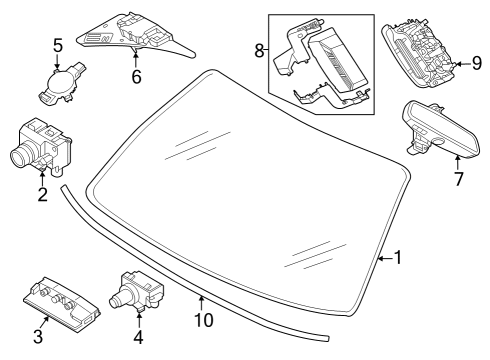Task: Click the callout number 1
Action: (x=398, y=258)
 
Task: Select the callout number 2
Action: (x=43, y=195)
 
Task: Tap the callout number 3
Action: (x=38, y=336)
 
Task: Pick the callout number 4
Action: (x=138, y=337)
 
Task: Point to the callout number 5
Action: (x=58, y=45)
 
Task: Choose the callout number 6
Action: (x=136, y=77)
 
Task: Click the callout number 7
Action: (x=459, y=179)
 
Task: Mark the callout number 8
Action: (x=259, y=51)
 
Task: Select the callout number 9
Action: (x=477, y=63)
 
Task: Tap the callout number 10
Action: (x=204, y=320)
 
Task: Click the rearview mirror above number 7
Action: (x=442, y=129)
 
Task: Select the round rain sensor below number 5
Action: (x=61, y=83)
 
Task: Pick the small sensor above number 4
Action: (x=137, y=290)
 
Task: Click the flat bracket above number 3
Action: (x=62, y=300)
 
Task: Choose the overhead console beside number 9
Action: (x=419, y=52)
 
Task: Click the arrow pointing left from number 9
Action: (x=462, y=63)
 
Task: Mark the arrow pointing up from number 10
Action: (x=201, y=303)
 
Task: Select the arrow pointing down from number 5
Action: (x=58, y=61)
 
